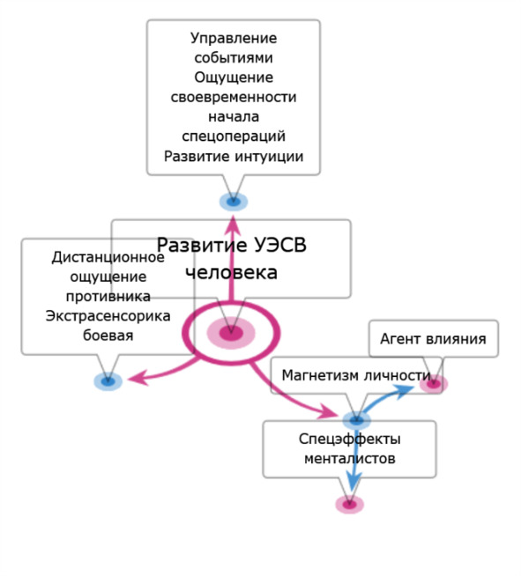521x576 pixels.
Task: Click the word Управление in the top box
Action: [x=234, y=38]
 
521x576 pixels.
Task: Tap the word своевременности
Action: [x=234, y=98]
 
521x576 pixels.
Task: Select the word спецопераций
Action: [x=234, y=137]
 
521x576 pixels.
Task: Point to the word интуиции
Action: [x=269, y=157]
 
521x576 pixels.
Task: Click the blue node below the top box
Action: [x=234, y=202]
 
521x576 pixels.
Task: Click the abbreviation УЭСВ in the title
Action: [x=279, y=245]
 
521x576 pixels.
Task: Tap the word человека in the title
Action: [x=231, y=272]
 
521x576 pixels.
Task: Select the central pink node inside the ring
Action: [x=231, y=333]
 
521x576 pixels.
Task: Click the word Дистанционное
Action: [x=108, y=257]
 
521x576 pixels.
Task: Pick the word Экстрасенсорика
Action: [x=108, y=316]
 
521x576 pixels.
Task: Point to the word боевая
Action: [x=108, y=336]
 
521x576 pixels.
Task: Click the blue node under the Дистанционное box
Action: [x=108, y=381]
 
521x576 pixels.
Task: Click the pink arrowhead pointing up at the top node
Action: [x=233, y=225]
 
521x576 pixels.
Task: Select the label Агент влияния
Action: [x=433, y=339]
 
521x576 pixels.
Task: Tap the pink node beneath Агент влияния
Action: [x=434, y=384]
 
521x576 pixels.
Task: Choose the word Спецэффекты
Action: [x=350, y=439]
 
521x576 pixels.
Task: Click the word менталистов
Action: [x=350, y=459]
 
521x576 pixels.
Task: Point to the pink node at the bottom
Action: [x=349, y=505]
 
